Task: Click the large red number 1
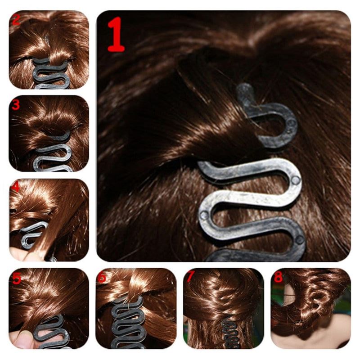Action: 116,35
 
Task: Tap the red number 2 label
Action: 17,20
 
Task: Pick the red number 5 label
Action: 16,277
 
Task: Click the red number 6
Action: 103,278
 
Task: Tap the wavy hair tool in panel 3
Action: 52,155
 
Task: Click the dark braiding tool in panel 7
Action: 227,333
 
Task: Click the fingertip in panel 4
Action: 18,254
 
